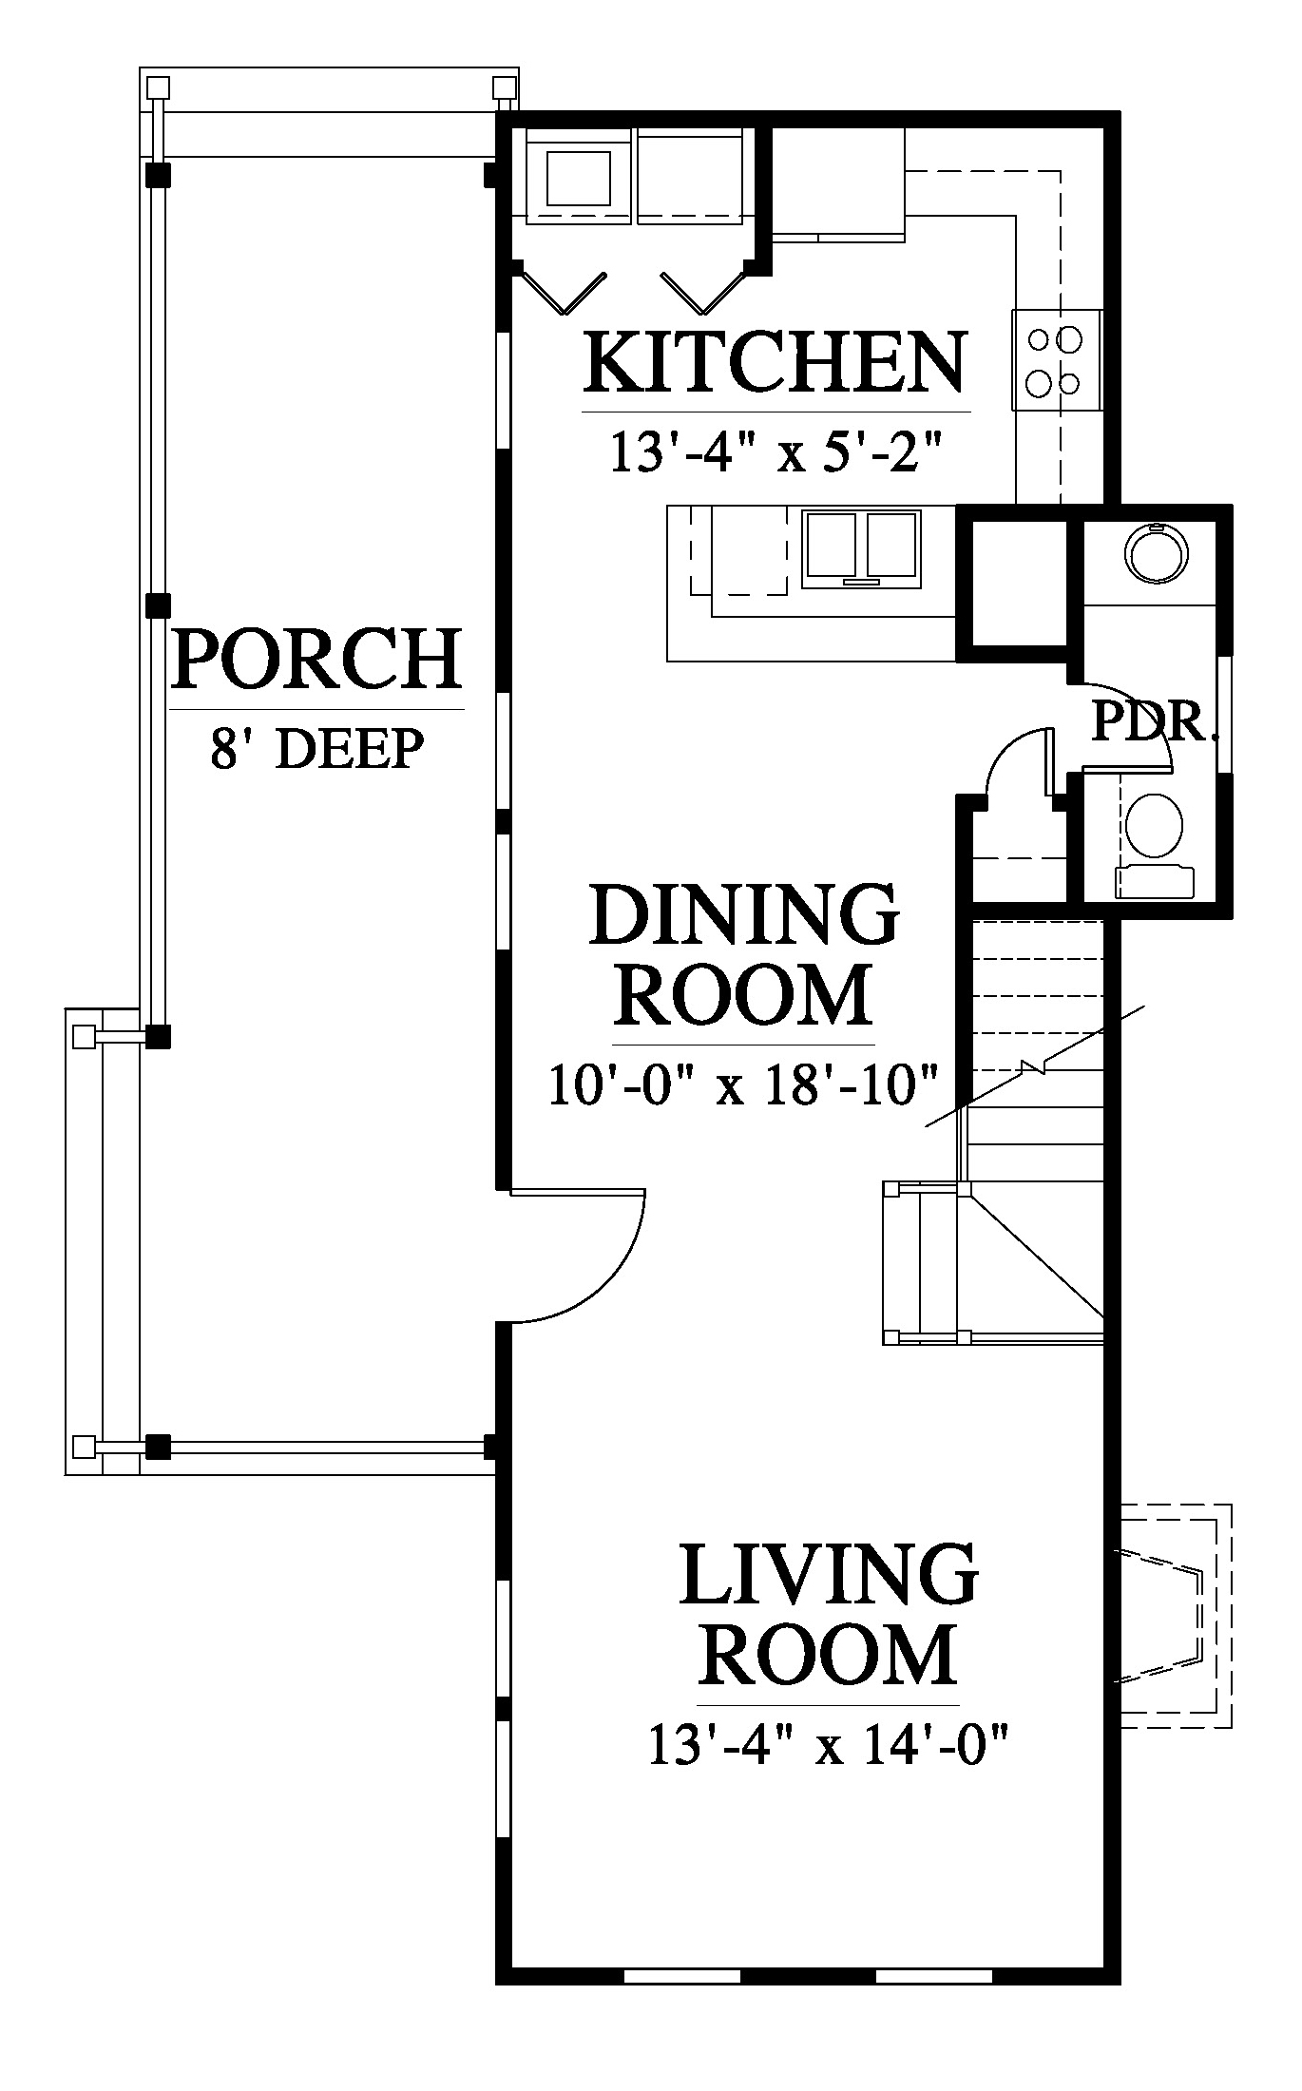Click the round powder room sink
coord(1155,550)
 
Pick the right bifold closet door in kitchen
coord(703,289)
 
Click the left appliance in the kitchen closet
coord(579,177)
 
